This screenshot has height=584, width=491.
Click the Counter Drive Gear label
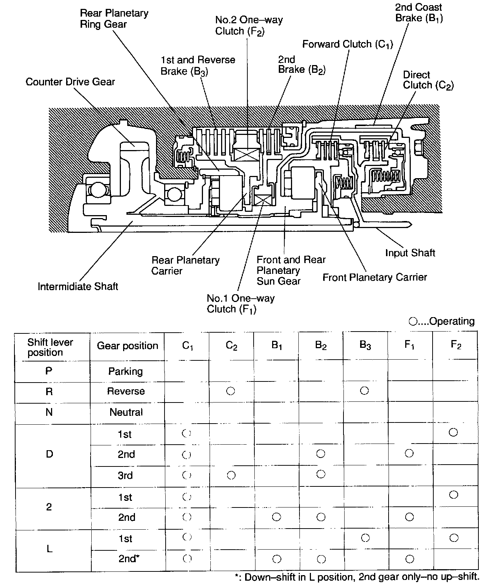tap(70, 82)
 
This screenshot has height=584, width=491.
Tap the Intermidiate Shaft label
tap(78, 286)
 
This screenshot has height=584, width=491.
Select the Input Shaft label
tap(410, 253)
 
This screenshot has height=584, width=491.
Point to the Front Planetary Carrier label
tap(375, 277)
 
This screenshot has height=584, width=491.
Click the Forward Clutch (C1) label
tap(348, 44)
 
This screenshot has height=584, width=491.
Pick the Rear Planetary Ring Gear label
tap(114, 19)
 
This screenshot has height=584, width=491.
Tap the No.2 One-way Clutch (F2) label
tap(249, 26)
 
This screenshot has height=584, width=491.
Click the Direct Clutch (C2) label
tap(428, 80)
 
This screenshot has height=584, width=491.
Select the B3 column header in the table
tap(365, 345)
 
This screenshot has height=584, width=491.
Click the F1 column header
tap(409, 345)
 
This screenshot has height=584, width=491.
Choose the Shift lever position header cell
tap(50, 347)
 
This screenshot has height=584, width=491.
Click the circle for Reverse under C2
tap(231, 391)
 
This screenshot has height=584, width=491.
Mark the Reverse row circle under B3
tap(364, 390)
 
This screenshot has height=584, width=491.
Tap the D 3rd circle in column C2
tap(231, 475)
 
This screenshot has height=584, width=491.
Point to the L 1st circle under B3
tap(365, 538)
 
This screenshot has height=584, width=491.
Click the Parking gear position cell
tap(125, 371)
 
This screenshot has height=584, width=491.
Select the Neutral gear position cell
tap(126, 412)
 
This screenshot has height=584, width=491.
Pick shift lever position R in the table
tap(49, 391)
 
